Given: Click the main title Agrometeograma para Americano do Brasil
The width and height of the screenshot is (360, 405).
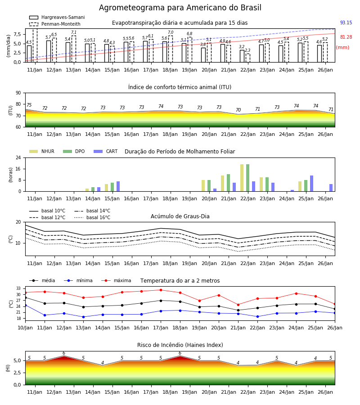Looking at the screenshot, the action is click(180, 8).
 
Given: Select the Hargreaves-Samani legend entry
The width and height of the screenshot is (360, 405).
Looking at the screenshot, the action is click(57, 17).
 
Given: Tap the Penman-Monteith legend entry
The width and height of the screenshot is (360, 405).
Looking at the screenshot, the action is click(55, 24).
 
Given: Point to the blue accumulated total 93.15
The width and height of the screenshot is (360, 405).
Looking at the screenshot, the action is click(346, 22).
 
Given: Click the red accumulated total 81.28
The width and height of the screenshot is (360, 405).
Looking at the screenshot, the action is click(346, 37).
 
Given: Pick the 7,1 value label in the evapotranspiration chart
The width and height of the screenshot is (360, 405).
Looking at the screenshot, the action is click(74, 32).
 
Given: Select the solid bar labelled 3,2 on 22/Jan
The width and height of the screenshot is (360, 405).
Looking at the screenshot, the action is click(242, 56).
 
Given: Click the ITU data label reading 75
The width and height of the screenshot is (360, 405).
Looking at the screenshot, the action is click(29, 105).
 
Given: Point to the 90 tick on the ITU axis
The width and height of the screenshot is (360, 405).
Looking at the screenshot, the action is click(18, 93).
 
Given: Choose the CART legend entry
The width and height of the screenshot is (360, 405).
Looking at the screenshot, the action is click(106, 151).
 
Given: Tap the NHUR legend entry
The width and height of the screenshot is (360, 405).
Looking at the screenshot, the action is click(42, 151).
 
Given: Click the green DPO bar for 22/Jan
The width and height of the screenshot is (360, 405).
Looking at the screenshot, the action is click(247, 178).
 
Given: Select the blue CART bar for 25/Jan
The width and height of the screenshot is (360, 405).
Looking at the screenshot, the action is click(312, 184).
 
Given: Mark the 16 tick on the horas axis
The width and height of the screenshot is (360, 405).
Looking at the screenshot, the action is click(18, 169).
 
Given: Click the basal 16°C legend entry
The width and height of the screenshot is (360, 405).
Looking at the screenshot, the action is click(92, 217).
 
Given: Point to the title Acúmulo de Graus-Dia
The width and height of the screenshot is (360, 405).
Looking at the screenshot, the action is click(180, 216).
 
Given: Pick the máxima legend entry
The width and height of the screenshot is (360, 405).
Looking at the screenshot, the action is click(117, 280).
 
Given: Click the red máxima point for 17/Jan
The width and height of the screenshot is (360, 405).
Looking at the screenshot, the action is click(161, 290).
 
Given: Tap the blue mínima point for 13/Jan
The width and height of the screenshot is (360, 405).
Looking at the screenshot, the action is click(83, 317).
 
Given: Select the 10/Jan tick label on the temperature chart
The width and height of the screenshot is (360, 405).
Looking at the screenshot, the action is click(25, 328).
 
